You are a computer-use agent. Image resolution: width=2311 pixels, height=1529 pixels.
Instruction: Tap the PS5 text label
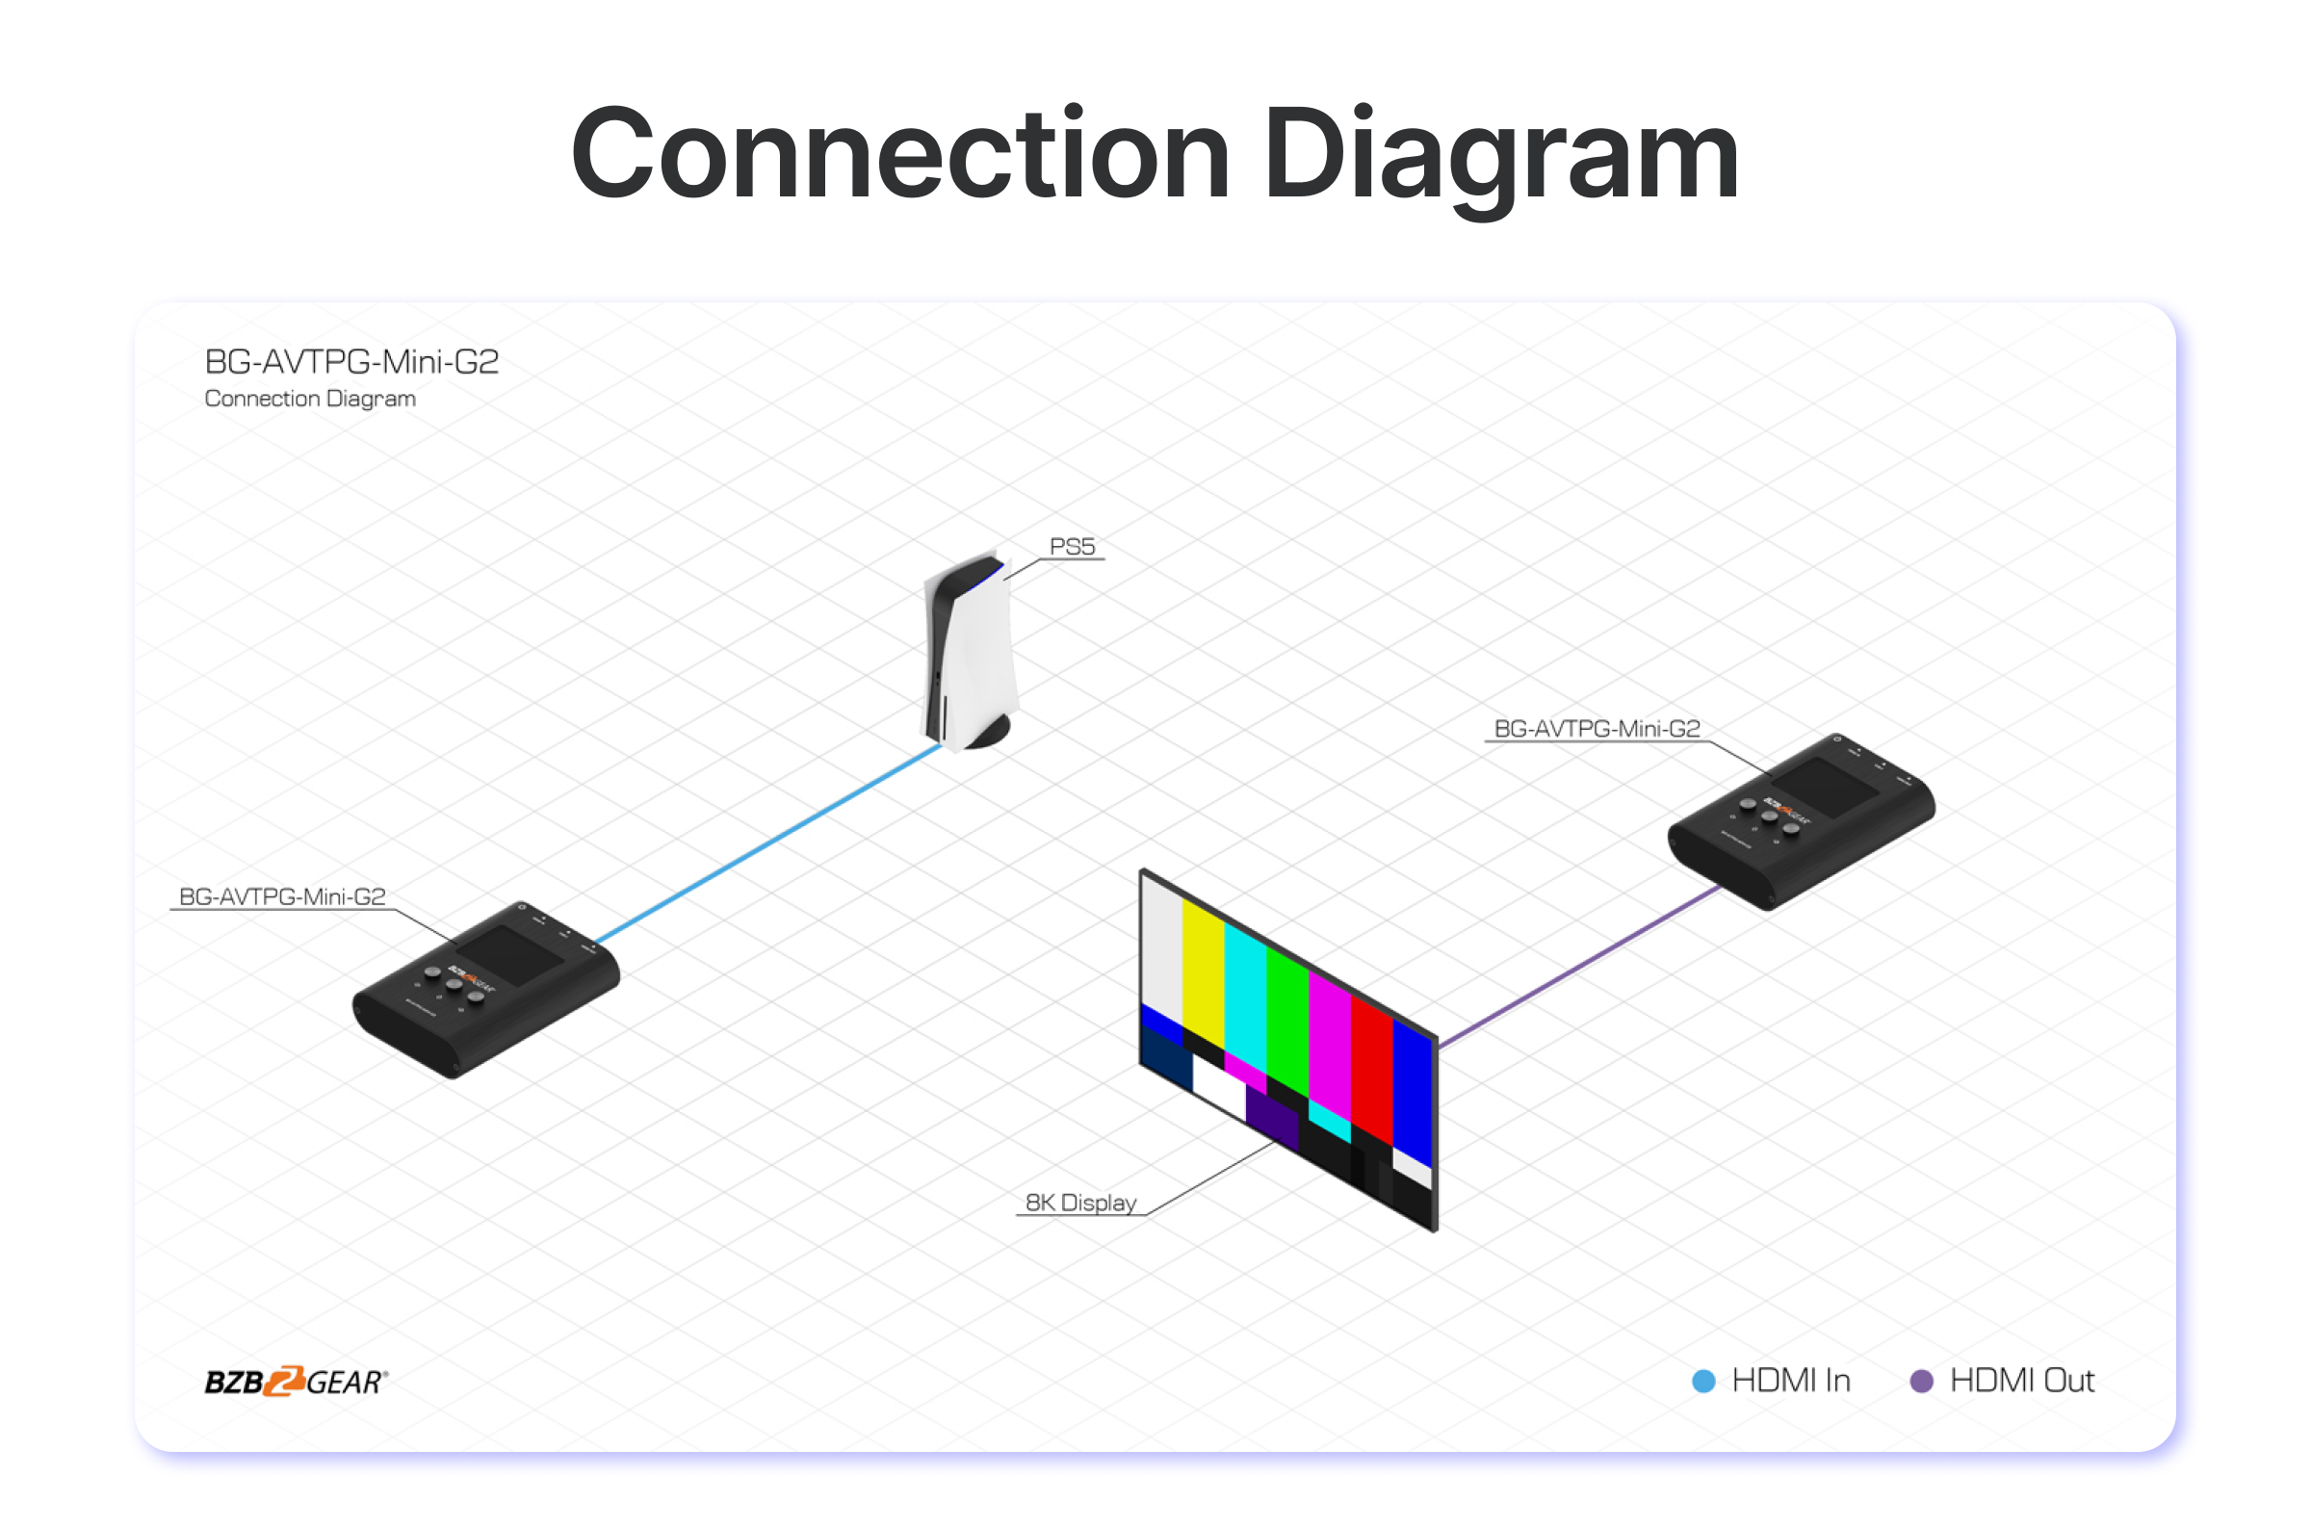pyautogui.click(x=1072, y=547)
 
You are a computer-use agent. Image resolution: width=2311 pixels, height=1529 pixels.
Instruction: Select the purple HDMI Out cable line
pyautogui.click(x=1580, y=966)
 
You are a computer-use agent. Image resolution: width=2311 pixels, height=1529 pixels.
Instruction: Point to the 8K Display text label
pyautogui.click(x=1080, y=1203)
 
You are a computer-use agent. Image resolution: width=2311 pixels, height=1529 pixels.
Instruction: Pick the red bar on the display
pyautogui.click(x=1371, y=1068)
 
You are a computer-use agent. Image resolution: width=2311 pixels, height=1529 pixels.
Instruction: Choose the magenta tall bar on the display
pyautogui.click(x=1329, y=1044)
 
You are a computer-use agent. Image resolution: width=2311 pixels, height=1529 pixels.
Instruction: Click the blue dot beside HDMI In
pyautogui.click(x=1703, y=1381)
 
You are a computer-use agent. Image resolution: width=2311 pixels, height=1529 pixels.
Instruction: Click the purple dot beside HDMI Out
pyautogui.click(x=1921, y=1381)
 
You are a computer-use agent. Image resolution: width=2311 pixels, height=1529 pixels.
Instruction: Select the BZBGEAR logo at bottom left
pyautogui.click(x=296, y=1381)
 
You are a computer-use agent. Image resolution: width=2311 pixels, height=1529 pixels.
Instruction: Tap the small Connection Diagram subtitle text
pyautogui.click(x=310, y=399)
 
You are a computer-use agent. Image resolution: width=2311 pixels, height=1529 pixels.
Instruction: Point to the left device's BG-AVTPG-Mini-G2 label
pyautogui.click(x=282, y=896)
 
